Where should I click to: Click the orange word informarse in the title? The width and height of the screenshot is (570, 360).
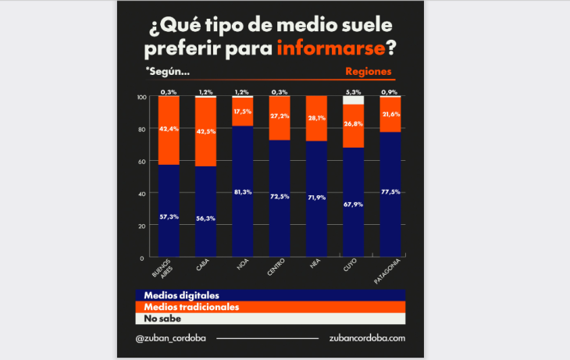click(331, 48)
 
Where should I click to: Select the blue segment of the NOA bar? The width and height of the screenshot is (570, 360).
click(243, 191)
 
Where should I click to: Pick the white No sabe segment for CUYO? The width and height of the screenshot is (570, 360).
click(353, 100)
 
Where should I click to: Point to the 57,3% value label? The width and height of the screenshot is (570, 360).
click(169, 216)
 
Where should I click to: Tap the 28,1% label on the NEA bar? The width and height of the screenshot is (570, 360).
click(316, 119)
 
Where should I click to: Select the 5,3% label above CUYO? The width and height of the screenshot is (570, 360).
click(353, 92)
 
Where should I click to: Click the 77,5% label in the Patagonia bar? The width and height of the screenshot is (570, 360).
click(390, 190)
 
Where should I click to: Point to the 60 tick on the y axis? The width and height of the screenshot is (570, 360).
click(141, 161)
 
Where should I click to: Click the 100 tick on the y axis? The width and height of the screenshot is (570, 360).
click(141, 97)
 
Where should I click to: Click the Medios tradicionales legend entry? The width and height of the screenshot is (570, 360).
click(187, 307)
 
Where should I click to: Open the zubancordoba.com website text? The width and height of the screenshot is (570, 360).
click(367, 338)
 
